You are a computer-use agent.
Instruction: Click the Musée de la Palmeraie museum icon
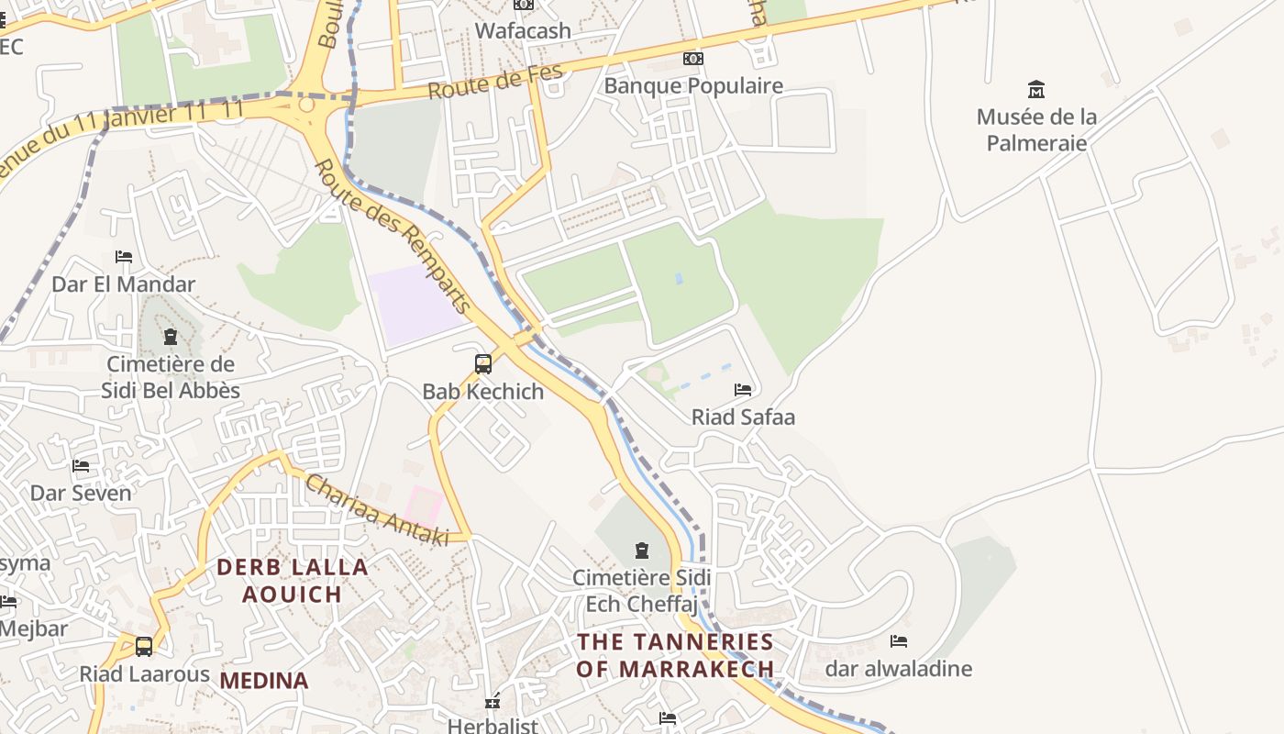1036,90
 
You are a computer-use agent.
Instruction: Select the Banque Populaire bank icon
693,59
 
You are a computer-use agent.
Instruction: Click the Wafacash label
523,30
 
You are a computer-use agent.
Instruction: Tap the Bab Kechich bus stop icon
483,364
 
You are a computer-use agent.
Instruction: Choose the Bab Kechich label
483,392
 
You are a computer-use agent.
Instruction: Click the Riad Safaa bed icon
743,390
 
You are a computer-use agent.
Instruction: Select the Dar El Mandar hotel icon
124,257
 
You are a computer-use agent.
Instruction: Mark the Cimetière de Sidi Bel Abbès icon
170,337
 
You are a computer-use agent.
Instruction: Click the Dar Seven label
81,493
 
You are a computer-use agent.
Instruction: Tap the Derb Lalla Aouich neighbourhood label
293,581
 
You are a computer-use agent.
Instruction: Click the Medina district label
264,681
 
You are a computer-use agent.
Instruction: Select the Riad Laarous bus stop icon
144,647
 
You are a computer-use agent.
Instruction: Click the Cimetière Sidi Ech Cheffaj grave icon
642,550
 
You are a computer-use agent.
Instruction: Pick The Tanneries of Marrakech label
675,655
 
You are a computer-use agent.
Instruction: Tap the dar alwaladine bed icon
899,641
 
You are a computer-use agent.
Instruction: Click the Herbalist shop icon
493,702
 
